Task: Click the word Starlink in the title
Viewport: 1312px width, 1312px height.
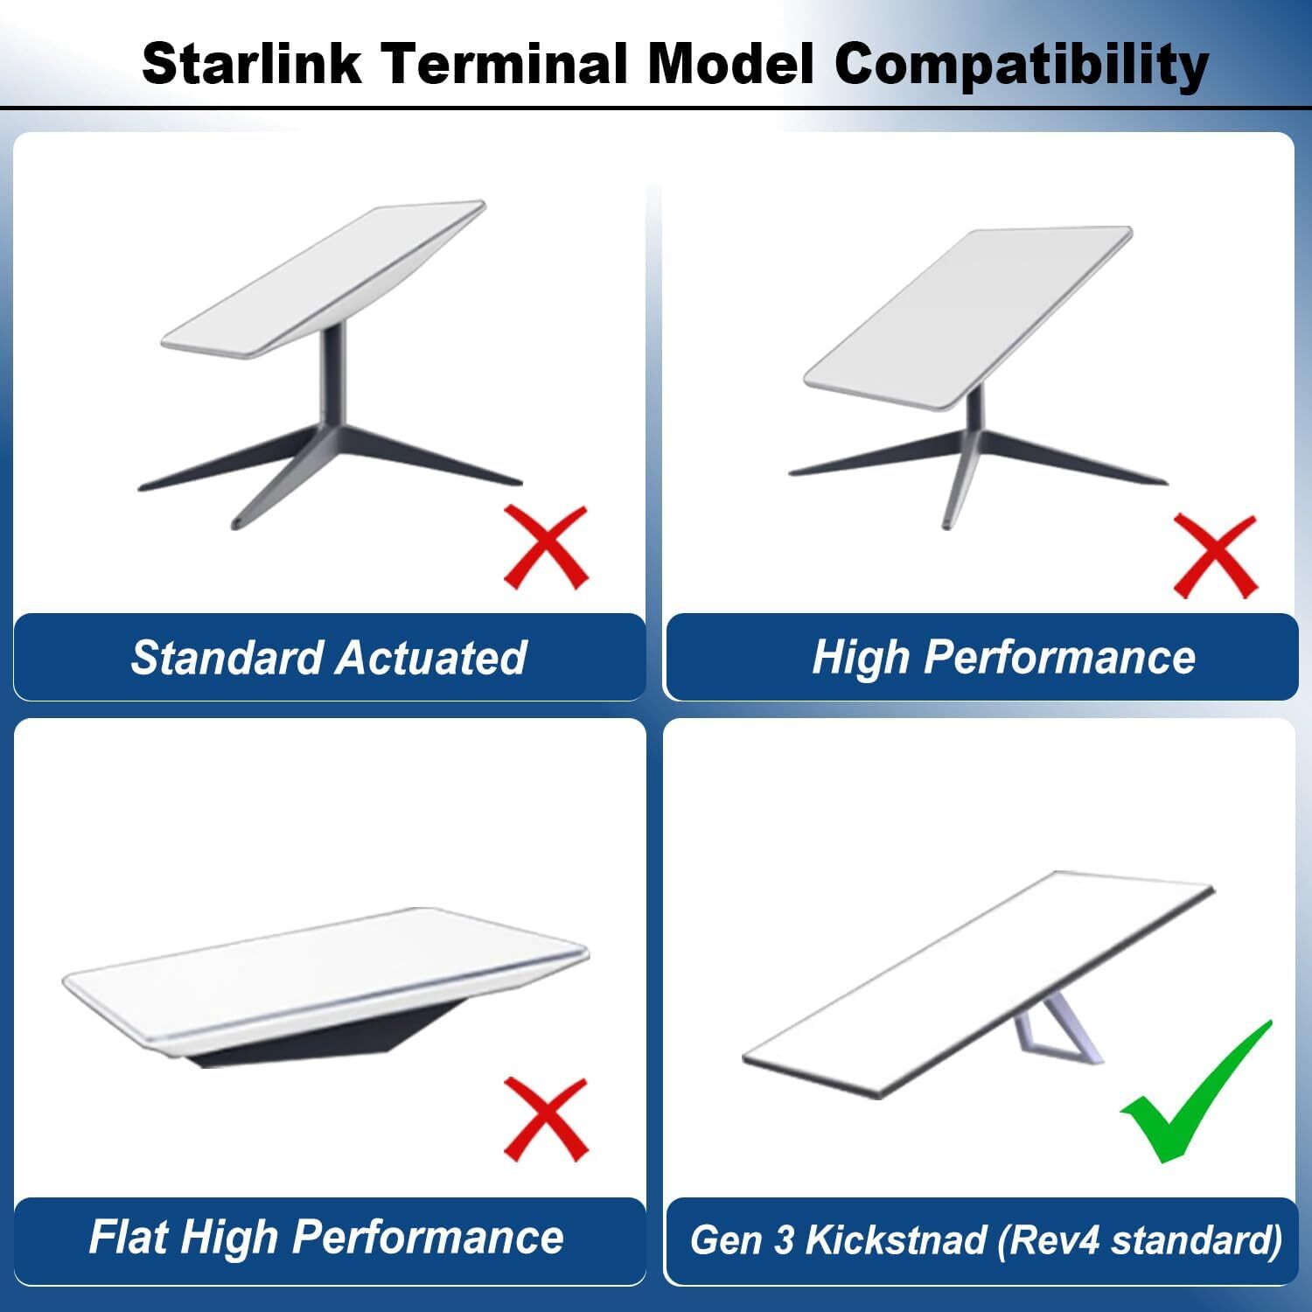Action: (251, 63)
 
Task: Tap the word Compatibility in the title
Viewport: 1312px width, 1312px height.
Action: (1022, 65)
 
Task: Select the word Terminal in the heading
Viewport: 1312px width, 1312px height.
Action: (506, 63)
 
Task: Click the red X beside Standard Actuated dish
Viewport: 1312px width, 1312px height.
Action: (547, 548)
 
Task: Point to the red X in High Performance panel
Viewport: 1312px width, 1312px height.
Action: (1215, 556)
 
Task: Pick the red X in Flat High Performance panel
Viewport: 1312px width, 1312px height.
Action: (547, 1120)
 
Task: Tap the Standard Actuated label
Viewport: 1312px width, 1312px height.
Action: (329, 658)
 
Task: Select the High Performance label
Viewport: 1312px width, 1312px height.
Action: (1003, 658)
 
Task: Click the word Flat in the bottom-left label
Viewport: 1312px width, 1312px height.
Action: (129, 1237)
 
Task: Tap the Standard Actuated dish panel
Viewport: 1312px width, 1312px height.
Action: (324, 280)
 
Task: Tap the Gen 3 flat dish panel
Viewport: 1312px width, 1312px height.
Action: (971, 984)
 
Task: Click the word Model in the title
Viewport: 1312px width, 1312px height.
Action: (730, 63)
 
